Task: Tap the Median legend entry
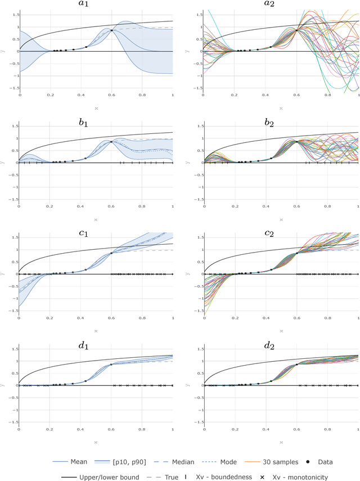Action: tap(195, 462)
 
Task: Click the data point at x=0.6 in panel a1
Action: tap(111, 30)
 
